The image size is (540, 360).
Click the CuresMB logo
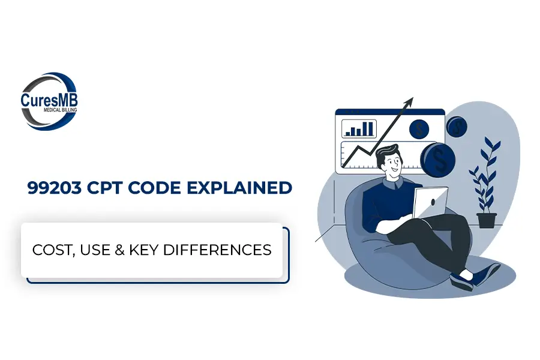[49, 101]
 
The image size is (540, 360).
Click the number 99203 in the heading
[55, 188]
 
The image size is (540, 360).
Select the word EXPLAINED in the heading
[239, 188]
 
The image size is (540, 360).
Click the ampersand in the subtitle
[119, 250]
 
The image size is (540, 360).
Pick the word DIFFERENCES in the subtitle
[217, 250]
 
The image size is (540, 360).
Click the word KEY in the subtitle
[143, 250]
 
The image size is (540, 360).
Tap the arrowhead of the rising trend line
[409, 103]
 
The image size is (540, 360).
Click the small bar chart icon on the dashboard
[359, 128]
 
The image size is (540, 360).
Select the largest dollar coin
[437, 160]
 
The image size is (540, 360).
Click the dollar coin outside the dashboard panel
[457, 127]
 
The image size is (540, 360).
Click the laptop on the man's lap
[430, 202]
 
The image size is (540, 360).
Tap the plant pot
[486, 220]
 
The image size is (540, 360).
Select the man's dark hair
[387, 154]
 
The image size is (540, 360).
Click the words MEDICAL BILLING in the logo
[60, 110]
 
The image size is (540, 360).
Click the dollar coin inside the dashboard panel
[419, 129]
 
